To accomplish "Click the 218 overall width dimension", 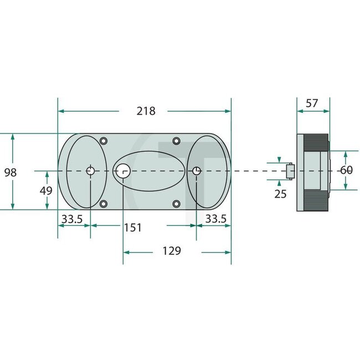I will click(x=146, y=111).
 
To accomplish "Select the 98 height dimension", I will click(x=10, y=172).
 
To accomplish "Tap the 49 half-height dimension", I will click(x=46, y=191).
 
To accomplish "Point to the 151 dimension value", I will click(x=132, y=227).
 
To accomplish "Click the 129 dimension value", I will click(x=172, y=251).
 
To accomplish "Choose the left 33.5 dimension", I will click(x=72, y=219).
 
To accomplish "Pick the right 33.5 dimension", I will click(x=215, y=219).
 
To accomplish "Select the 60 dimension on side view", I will click(x=346, y=171).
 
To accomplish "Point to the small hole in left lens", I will click(x=90, y=171).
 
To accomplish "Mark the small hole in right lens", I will click(x=196, y=171).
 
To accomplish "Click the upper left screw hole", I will click(x=104, y=141).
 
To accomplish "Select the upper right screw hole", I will click(x=176, y=141).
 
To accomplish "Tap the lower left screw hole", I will click(x=104, y=204).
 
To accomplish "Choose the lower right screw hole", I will click(x=176, y=204).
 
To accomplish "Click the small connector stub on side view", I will click(x=289, y=171).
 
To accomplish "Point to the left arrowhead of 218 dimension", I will click(x=60, y=111).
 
